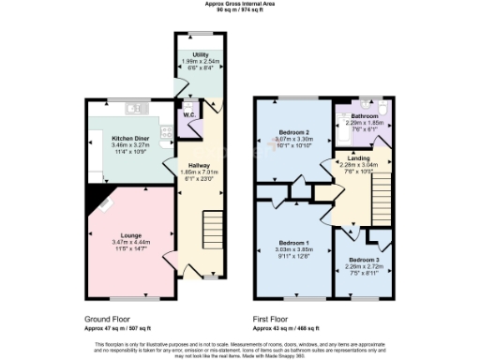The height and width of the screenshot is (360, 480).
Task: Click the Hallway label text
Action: (198, 164)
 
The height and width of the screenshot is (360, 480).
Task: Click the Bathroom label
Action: (366, 115)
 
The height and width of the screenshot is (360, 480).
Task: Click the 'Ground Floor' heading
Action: (109, 319)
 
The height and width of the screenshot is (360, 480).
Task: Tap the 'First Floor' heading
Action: (274, 319)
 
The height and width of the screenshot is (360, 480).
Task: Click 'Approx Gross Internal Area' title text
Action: (241, 4)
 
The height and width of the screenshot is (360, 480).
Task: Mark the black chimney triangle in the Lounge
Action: (93, 193)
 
